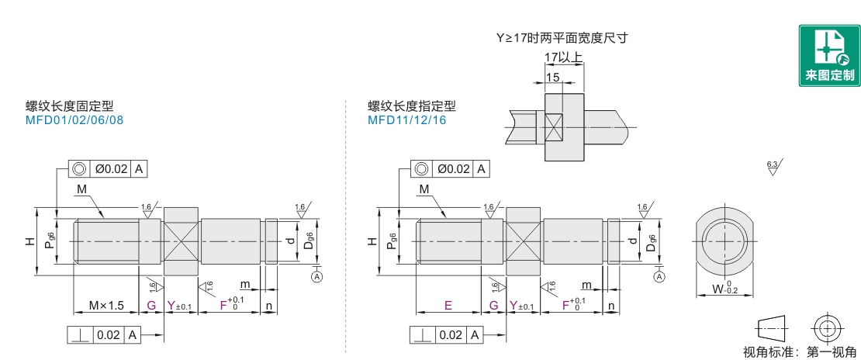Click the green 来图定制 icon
point(829,55)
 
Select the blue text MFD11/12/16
point(406,120)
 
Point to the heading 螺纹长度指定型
point(412,107)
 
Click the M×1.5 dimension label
point(105,305)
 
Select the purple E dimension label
point(448,305)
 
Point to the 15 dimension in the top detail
point(552,78)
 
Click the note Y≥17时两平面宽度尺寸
point(562,37)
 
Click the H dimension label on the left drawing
point(29,241)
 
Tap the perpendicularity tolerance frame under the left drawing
point(105,335)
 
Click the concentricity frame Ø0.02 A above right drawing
point(449,168)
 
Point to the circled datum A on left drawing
point(316,275)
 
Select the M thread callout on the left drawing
point(82,189)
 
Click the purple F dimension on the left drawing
point(224,305)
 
